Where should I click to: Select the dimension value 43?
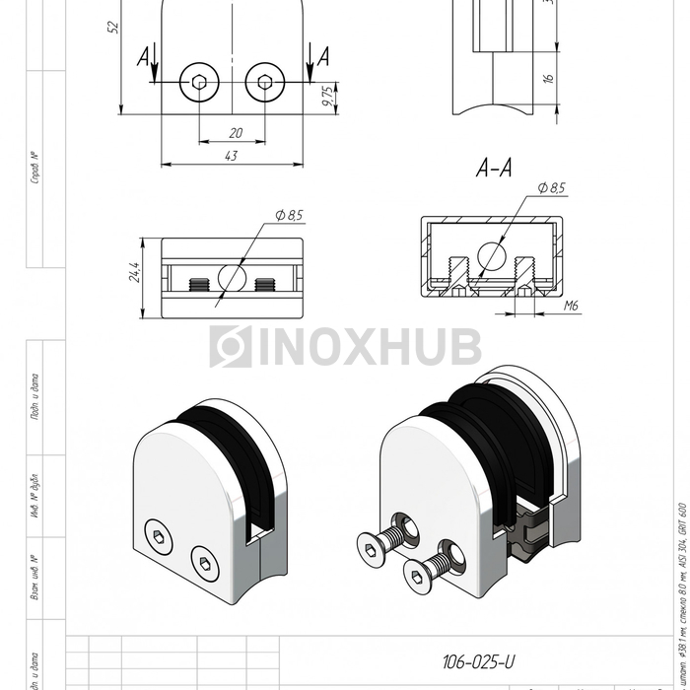232,155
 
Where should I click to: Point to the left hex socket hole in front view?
200,85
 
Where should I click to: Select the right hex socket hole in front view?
263,85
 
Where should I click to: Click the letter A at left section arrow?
144,58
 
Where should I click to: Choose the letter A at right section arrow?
322,58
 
